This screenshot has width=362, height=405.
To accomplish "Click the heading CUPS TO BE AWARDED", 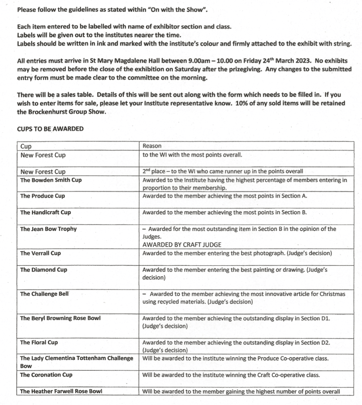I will (50, 129).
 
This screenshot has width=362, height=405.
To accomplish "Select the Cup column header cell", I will (26, 146).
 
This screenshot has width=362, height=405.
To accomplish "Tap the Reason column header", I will (152, 146).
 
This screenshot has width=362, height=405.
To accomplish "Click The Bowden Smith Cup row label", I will (51, 180).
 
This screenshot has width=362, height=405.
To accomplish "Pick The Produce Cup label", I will (42, 196).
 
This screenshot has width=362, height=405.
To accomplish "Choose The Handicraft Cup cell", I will (46, 213).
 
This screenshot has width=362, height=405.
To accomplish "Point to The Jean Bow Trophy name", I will (48, 229).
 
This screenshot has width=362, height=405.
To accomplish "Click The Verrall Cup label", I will (40, 253).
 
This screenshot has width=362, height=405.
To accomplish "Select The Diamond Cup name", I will (44, 270).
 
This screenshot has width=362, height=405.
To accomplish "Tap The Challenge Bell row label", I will (44, 294).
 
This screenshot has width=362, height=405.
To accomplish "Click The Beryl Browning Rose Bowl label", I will (60, 318).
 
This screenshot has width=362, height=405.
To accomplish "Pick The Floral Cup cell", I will (39, 342).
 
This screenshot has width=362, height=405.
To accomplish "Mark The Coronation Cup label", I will (46, 375).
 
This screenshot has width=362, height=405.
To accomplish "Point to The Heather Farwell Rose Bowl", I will (61, 391).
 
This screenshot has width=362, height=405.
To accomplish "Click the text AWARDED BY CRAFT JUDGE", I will (182, 245).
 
